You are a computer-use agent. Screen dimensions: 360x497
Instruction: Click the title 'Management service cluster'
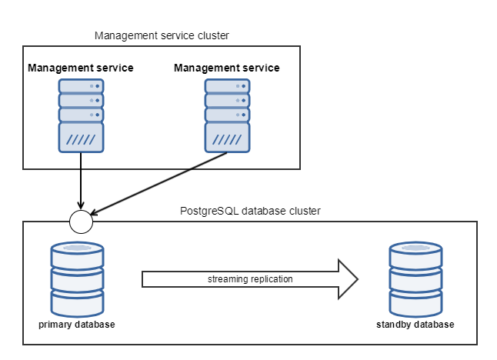click(162, 35)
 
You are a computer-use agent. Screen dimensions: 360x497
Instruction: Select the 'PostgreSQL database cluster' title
click(250, 211)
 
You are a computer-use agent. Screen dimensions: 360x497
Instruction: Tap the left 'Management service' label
click(81, 68)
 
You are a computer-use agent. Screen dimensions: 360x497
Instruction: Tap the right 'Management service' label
click(227, 68)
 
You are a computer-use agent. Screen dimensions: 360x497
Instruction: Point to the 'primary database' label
click(77, 324)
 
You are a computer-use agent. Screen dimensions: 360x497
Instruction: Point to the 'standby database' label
click(415, 324)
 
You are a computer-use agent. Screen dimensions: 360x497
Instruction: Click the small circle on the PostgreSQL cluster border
click(81, 221)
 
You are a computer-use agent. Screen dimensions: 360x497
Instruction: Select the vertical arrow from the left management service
click(81, 181)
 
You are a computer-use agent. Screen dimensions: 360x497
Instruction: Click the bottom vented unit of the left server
click(81, 138)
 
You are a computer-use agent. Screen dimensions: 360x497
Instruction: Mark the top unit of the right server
click(227, 85)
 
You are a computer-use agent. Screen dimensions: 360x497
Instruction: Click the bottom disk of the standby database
click(415, 300)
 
